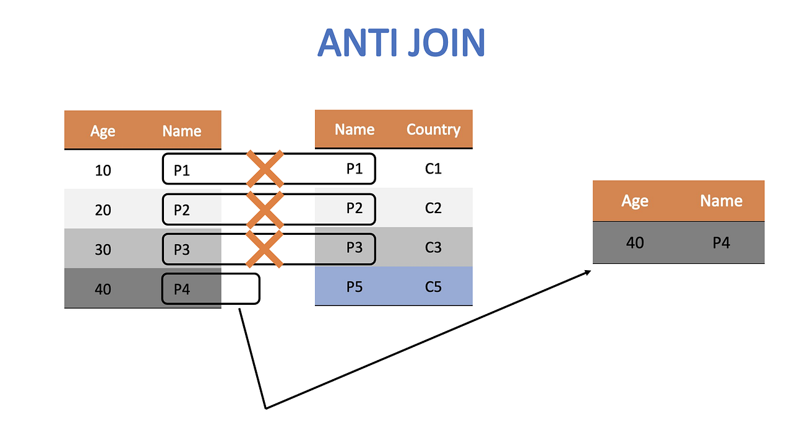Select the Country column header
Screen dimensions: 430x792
point(433,129)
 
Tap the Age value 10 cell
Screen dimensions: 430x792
point(103,170)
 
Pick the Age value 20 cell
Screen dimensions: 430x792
point(103,209)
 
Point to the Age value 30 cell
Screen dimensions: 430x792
point(103,249)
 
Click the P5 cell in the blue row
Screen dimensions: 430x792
point(354,286)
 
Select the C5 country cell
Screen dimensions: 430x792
point(433,286)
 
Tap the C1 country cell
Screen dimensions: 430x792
point(433,169)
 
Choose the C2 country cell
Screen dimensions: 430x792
point(433,208)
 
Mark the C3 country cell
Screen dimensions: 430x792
point(433,247)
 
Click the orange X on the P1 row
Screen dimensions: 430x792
point(265,169)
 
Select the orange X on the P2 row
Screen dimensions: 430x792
point(265,209)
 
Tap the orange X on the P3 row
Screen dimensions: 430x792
point(265,248)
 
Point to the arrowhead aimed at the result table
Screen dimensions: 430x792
point(588,273)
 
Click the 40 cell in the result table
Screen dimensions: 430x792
point(635,242)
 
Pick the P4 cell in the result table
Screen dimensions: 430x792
point(721,242)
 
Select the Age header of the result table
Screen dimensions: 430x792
point(635,201)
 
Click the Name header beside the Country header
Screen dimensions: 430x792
point(355,129)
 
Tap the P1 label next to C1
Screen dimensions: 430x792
point(354,169)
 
